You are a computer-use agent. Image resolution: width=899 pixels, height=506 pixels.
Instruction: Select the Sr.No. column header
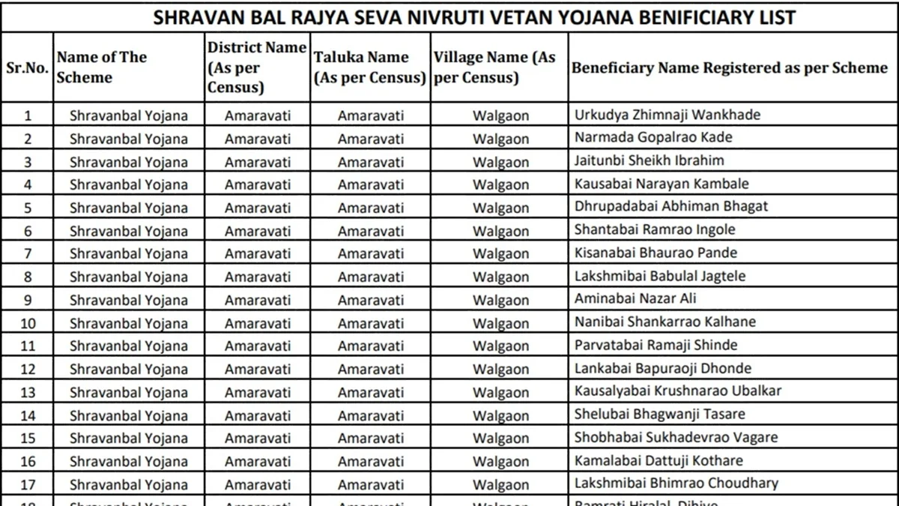pyautogui.click(x=27, y=67)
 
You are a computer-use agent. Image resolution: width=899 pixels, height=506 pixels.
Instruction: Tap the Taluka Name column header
pyautogui.click(x=369, y=67)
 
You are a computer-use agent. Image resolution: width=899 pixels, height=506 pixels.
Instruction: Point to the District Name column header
pyautogui.click(x=257, y=67)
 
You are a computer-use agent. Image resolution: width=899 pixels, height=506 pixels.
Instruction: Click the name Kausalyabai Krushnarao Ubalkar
pyautogui.click(x=677, y=391)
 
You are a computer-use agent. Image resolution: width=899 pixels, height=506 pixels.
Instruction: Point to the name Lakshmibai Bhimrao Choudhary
pyautogui.click(x=676, y=484)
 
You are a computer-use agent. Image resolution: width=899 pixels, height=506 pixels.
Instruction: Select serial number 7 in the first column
pyautogui.click(x=28, y=253)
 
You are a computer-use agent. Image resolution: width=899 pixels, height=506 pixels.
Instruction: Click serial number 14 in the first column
pyautogui.click(x=28, y=415)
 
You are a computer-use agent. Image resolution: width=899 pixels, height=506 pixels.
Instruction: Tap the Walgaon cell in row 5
pyautogui.click(x=500, y=208)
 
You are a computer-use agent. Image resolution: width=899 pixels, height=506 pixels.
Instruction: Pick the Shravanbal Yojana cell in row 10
pyautogui.click(x=129, y=323)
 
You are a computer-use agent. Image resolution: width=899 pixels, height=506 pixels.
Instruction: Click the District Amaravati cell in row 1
pyautogui.click(x=258, y=115)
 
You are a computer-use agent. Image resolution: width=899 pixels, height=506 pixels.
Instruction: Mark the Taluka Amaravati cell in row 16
pyautogui.click(x=370, y=462)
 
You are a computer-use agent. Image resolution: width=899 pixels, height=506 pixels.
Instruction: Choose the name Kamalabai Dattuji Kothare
pyautogui.click(x=659, y=460)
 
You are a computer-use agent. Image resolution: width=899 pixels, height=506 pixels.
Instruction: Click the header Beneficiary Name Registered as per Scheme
pyautogui.click(x=729, y=67)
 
